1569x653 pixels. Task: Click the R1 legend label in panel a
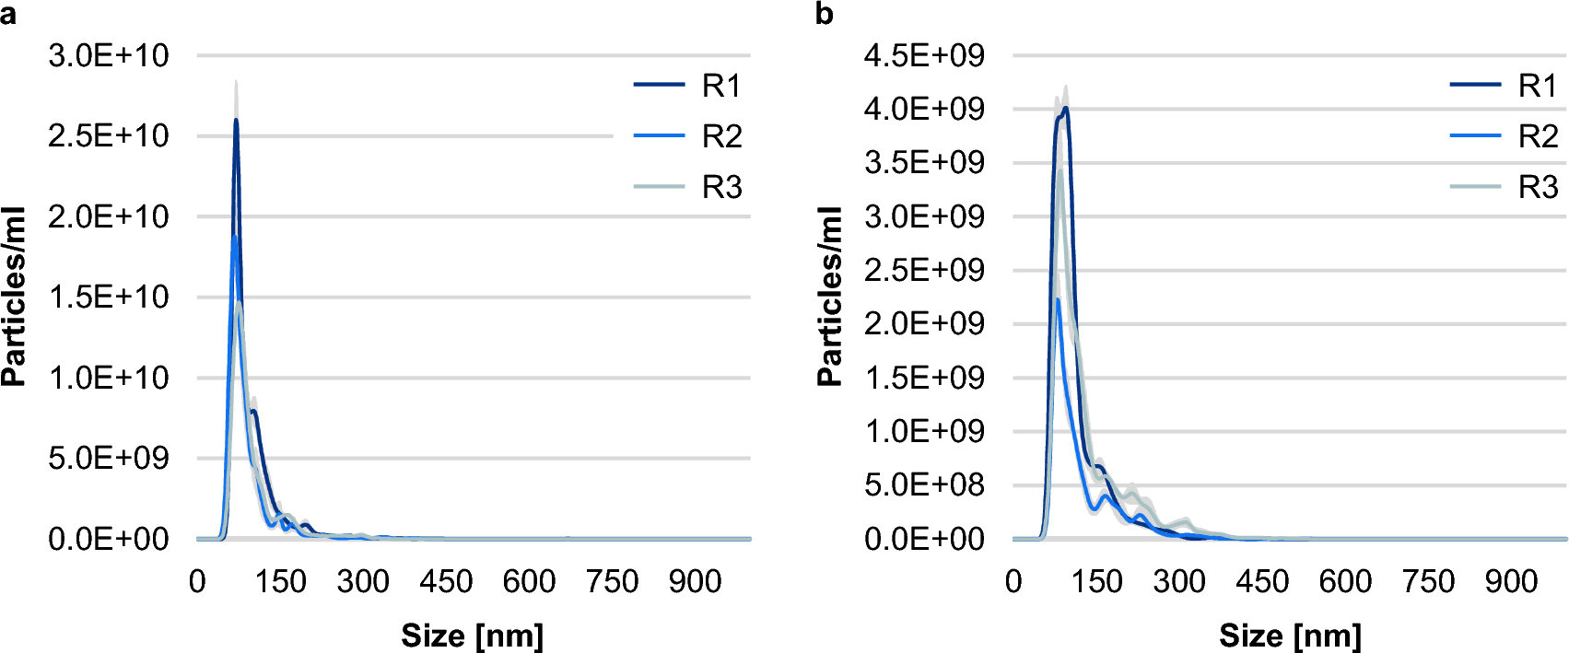[720, 86]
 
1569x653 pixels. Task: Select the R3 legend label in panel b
[1537, 187]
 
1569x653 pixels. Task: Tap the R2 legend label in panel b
[1537, 136]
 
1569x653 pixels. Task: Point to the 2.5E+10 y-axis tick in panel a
[109, 136]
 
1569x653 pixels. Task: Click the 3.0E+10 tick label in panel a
[109, 55]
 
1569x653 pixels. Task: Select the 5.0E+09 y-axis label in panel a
[109, 458]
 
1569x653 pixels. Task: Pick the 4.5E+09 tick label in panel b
[924, 55]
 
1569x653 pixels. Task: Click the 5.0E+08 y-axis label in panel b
[924, 484]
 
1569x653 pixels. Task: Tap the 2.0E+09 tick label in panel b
[924, 323]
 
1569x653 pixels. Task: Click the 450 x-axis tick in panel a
[446, 581]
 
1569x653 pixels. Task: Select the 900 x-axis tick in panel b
[1511, 581]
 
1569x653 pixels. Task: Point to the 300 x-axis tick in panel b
[1179, 581]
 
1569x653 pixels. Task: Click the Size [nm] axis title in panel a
[473, 635]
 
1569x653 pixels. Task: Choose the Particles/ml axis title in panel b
[829, 297]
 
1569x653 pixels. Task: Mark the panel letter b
[825, 15]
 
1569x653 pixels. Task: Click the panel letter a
[8, 15]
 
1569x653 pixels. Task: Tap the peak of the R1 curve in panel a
[236, 120]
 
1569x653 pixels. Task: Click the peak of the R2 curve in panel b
[1058, 299]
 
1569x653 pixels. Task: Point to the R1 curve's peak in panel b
[1066, 108]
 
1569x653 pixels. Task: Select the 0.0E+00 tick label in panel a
[109, 539]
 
